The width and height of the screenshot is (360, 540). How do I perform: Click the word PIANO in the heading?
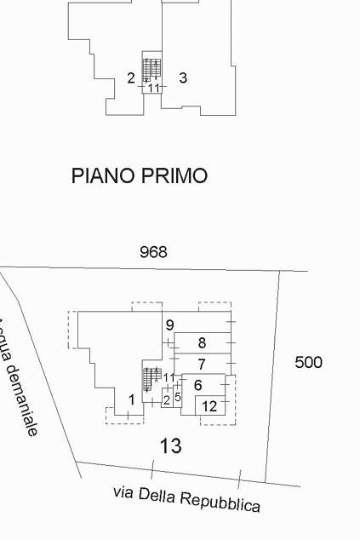pos(103,175)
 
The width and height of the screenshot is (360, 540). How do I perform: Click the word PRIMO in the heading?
pos(174,175)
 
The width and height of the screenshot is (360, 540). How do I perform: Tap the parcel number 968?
pos(153,252)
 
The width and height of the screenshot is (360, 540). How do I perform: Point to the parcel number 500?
pos(309,362)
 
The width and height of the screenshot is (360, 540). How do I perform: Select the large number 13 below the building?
pos(171,445)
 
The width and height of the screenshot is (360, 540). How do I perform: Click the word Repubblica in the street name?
pos(220,502)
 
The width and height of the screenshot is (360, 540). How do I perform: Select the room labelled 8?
pos(202,343)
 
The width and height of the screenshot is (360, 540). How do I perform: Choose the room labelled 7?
pos(202,364)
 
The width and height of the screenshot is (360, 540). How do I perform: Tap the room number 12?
pos(209,406)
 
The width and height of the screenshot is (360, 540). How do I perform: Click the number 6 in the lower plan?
pos(198,385)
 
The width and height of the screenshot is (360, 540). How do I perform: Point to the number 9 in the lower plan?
pos(169,325)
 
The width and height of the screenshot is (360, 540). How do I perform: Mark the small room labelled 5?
pos(178,397)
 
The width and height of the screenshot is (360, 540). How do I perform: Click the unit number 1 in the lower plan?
pos(132,400)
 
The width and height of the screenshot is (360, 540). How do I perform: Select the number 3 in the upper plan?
pos(183,78)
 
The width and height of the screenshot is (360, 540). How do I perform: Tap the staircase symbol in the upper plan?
pos(151,70)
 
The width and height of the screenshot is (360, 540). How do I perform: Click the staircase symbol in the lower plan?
pos(152,380)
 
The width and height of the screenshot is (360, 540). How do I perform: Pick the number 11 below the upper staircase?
pos(154,88)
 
